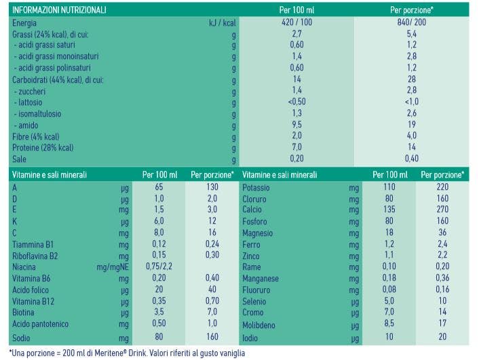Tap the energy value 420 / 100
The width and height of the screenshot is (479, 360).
click(296, 22)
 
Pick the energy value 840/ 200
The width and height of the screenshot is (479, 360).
click(411, 22)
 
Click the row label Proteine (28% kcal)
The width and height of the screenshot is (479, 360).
click(43, 147)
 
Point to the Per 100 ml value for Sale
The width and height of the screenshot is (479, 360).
click(296, 159)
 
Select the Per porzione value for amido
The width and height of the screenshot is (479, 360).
click(411, 124)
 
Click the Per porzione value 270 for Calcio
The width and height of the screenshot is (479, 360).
click(442, 210)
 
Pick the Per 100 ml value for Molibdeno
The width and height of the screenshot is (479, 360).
click(389, 324)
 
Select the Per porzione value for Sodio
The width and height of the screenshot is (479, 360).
click(212, 336)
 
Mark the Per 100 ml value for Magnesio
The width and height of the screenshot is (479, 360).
click(389, 233)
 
